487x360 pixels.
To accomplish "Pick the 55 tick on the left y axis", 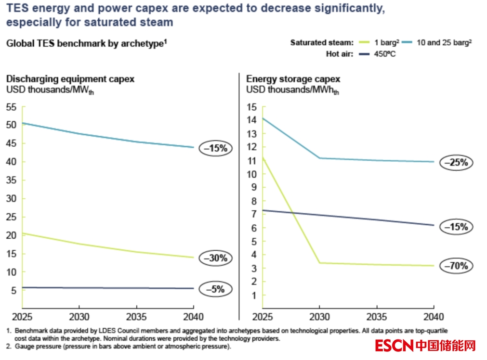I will pyautogui.click(x=11, y=107).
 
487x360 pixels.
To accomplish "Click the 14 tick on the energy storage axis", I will pyautogui.click(x=251, y=120).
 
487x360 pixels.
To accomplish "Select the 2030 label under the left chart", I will pyautogui.click(x=79, y=317).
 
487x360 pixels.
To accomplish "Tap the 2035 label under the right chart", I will pyautogui.click(x=377, y=317).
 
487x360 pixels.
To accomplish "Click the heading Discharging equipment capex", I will pyautogui.click(x=70, y=79).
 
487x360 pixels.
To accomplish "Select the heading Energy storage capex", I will pyautogui.click(x=293, y=79).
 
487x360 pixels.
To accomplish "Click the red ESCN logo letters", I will pyautogui.click(x=394, y=346).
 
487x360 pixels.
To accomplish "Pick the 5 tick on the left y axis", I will pyautogui.click(x=14, y=290).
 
